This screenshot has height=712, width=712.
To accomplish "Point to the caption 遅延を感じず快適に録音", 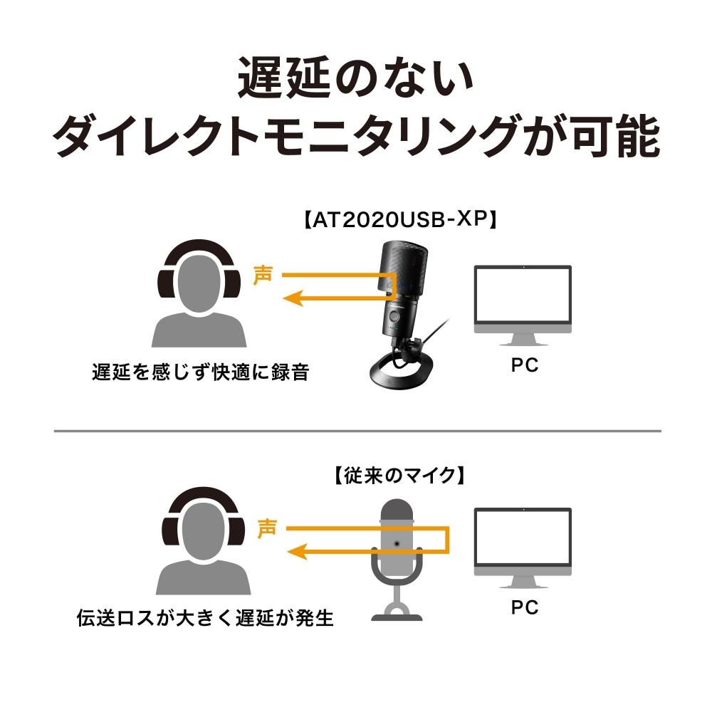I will pos(200,372).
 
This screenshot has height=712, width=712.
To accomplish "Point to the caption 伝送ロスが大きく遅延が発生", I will pos(205,617).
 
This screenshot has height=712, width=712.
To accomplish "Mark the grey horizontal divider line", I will pos(356,431).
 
